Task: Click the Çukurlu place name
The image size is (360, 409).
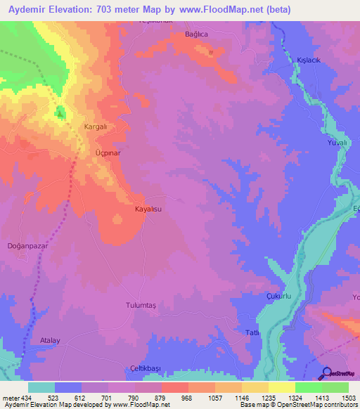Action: coord(279,297)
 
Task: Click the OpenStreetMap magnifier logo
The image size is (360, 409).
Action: coord(328,373)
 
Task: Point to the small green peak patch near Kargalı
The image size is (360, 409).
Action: coord(60,112)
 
